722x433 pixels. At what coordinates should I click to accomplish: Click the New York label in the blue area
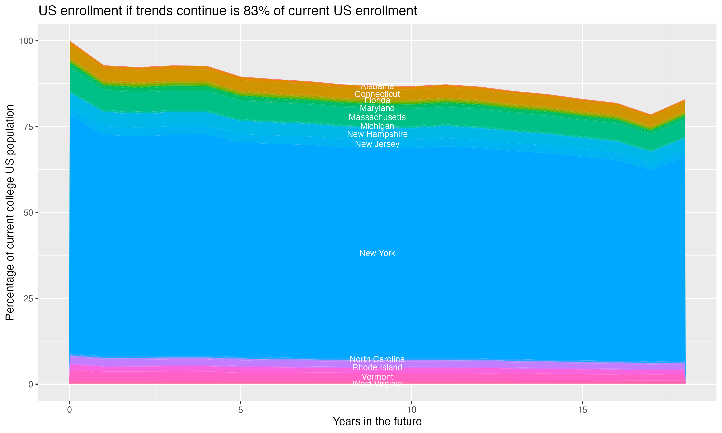pyautogui.click(x=377, y=253)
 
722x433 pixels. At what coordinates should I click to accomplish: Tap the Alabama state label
pyautogui.click(x=377, y=86)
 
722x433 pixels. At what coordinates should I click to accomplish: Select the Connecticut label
pyautogui.click(x=377, y=94)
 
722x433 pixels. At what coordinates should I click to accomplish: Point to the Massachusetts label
pyautogui.click(x=377, y=117)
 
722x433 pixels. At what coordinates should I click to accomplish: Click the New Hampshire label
pyautogui.click(x=377, y=134)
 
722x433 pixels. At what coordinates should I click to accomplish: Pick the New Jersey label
pyautogui.click(x=377, y=144)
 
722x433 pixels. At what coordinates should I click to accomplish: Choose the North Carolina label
pyautogui.click(x=377, y=359)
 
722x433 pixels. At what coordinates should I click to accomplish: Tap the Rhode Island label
pyautogui.click(x=377, y=367)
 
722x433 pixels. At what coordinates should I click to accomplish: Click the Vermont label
pyautogui.click(x=377, y=377)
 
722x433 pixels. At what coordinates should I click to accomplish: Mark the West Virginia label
pyautogui.click(x=377, y=384)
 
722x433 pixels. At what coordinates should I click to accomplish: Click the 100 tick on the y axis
pyautogui.click(x=26, y=41)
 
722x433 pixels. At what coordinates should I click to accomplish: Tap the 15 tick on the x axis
pyautogui.click(x=582, y=410)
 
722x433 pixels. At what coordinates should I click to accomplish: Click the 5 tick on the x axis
pyautogui.click(x=240, y=410)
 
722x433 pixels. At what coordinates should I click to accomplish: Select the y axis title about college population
pyautogui.click(x=10, y=212)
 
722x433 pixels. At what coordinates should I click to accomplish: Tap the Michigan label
pyautogui.click(x=377, y=126)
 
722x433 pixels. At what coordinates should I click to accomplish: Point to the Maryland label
pyautogui.click(x=377, y=108)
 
